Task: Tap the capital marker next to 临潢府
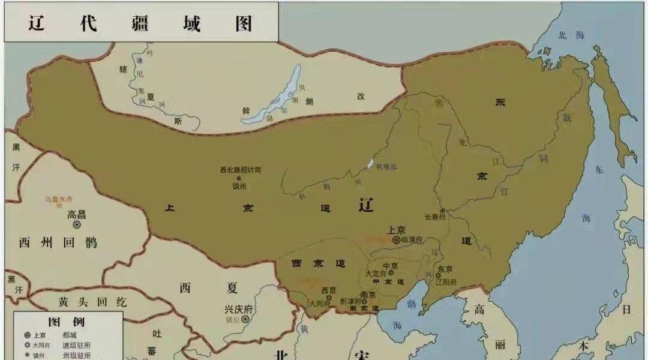click(397, 239)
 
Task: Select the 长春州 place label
click(435, 217)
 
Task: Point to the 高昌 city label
click(77, 214)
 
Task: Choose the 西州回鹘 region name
click(58, 243)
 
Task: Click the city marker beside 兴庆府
click(245, 319)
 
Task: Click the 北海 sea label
click(571, 35)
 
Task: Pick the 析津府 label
click(350, 301)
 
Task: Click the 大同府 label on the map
click(320, 304)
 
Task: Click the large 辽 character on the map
click(366, 205)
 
